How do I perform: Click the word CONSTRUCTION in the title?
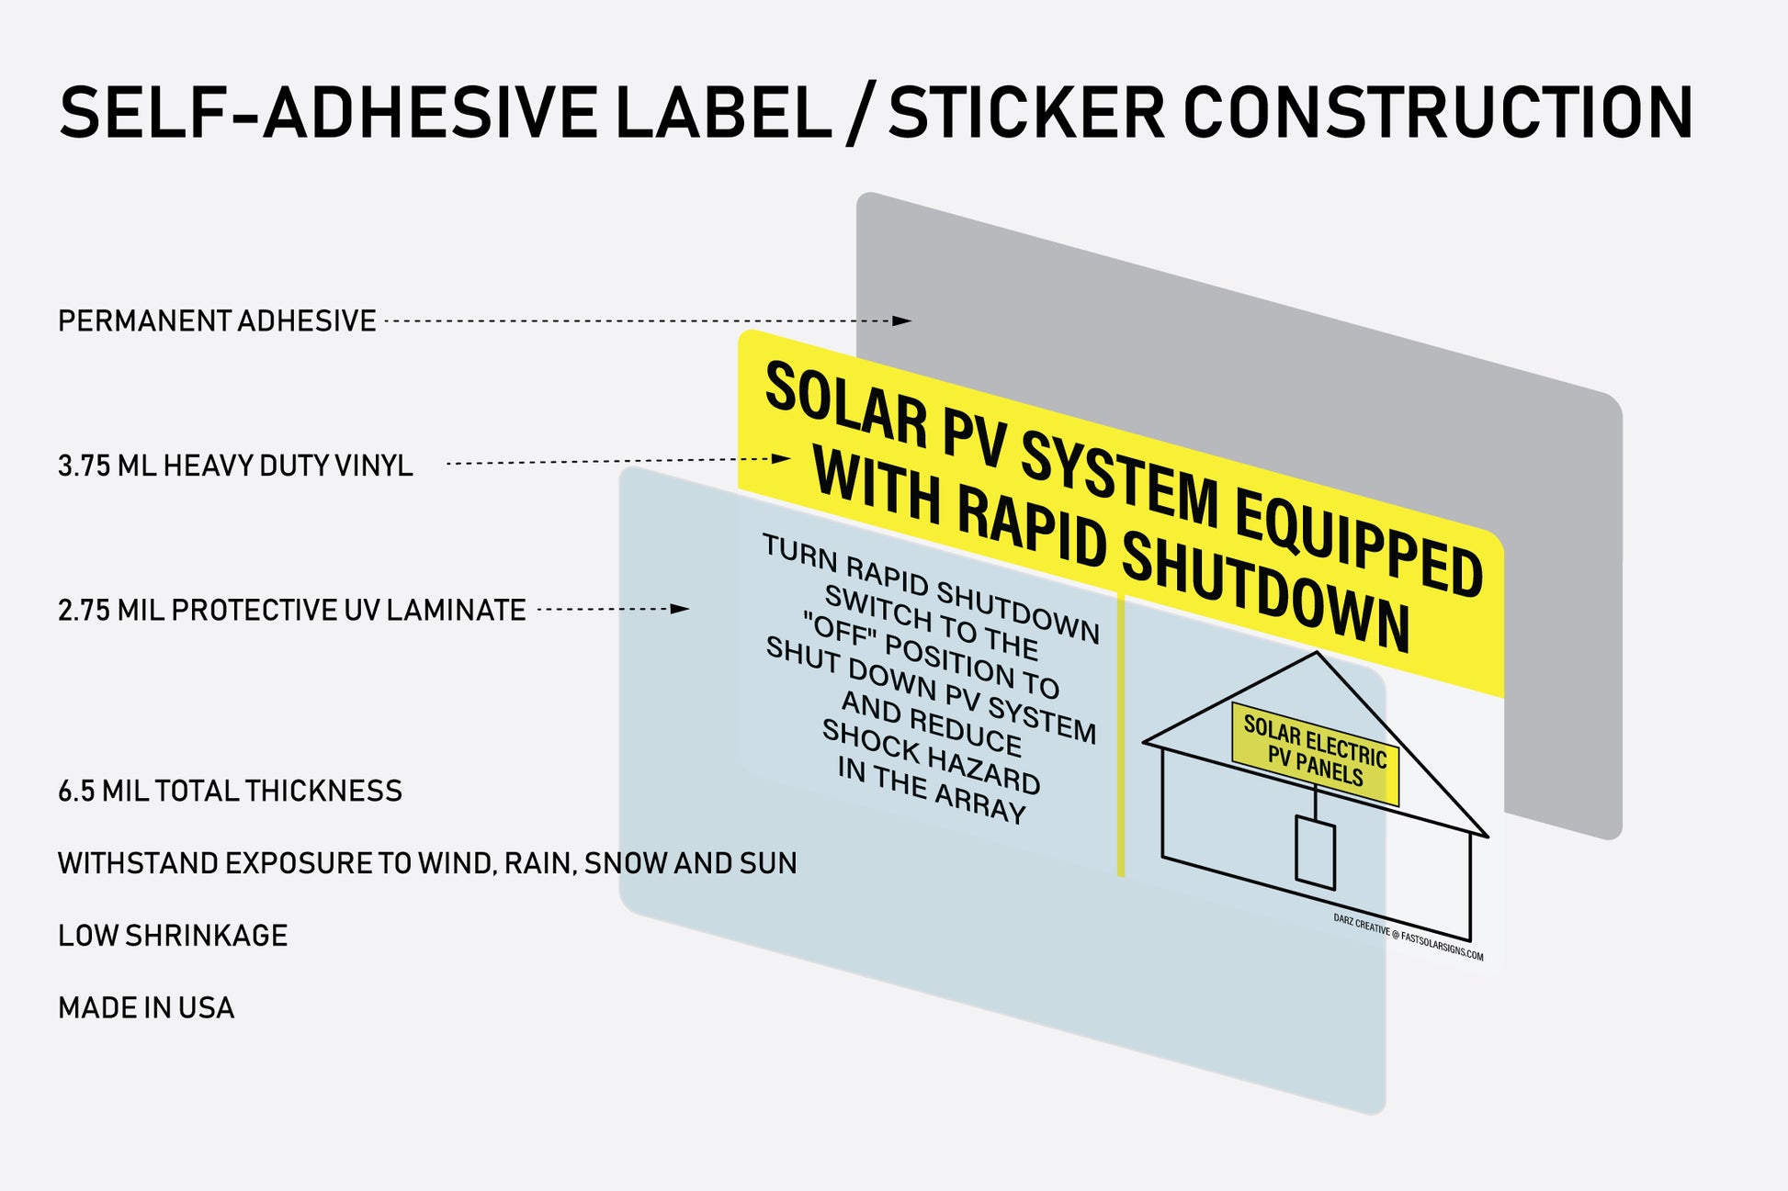pos(1437,113)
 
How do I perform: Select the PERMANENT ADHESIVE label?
pos(217,321)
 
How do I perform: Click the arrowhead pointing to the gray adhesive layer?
pos(902,320)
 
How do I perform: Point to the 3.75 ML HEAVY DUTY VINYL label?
pos(235,466)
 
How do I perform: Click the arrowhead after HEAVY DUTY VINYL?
pos(781,458)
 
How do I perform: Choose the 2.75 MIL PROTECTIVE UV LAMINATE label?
pos(291,611)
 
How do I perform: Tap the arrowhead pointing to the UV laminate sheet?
pos(680,609)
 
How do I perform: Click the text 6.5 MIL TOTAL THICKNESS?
pos(230,792)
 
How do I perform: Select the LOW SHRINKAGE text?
pos(173,936)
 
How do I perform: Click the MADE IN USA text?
pos(146,1008)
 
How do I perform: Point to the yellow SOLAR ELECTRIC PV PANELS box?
pos(1315,754)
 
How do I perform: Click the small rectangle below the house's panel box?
pos(1315,851)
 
